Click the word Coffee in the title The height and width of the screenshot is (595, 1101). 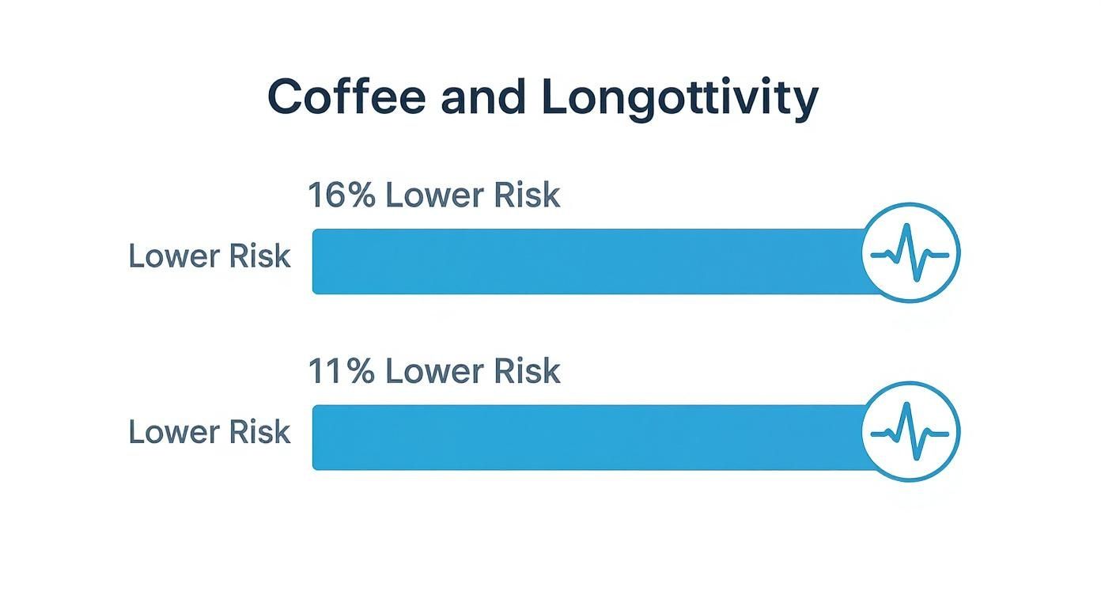tap(347, 98)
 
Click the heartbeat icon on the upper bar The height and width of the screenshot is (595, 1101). tap(910, 253)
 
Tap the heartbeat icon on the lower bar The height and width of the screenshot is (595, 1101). tap(910, 431)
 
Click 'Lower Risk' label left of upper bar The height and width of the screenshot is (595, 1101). tap(210, 256)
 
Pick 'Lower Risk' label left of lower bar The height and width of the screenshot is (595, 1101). tap(210, 432)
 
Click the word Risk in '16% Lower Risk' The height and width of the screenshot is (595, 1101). tap(527, 195)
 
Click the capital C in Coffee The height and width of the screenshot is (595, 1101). tap(286, 98)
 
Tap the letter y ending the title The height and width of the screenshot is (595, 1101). tap(805, 103)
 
